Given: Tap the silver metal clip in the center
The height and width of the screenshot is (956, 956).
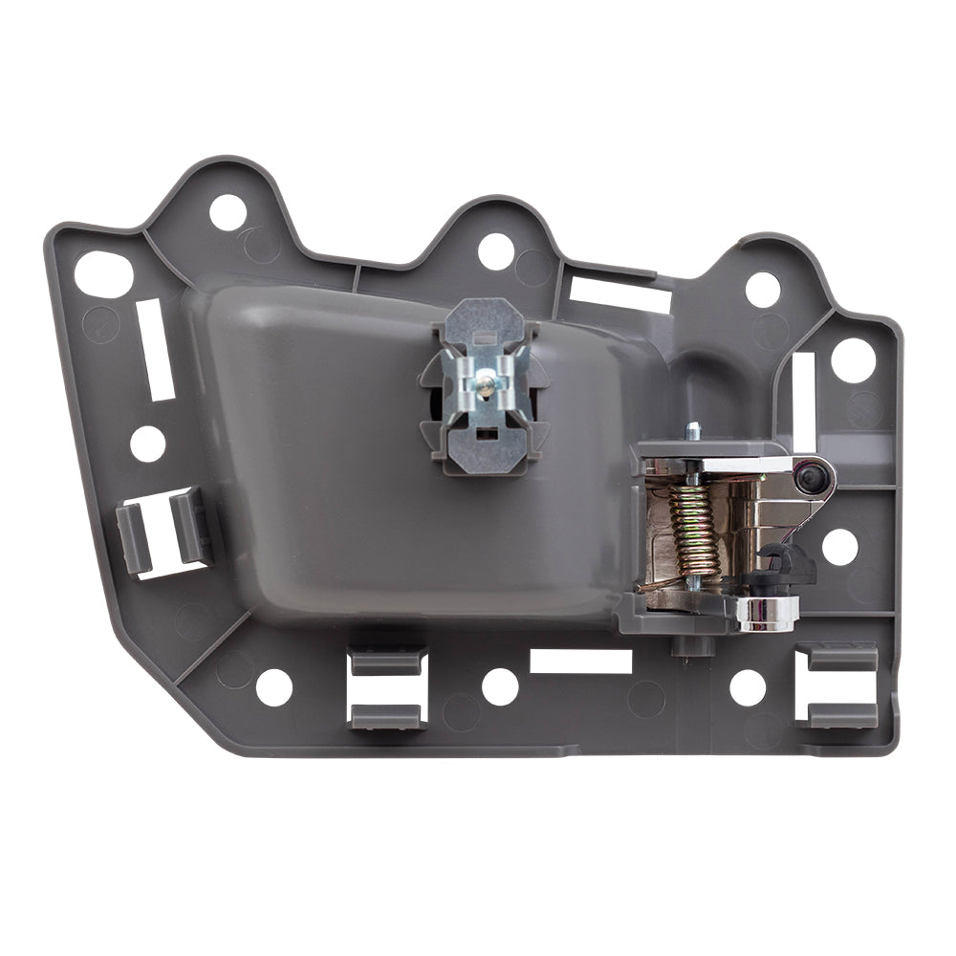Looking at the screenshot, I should pos(487,383).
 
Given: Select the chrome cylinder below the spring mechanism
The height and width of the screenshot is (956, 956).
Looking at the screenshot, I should pos(767,614).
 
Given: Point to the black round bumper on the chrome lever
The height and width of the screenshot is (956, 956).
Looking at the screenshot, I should pos(810,474).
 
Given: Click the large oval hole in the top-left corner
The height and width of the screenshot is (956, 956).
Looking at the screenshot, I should pos(104,274).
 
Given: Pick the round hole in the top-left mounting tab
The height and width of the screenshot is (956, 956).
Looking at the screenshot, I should pos(228,212).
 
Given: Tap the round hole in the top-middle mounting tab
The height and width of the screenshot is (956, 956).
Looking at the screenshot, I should pos(496,251).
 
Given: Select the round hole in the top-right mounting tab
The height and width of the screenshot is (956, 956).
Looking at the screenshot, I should pos(762,290).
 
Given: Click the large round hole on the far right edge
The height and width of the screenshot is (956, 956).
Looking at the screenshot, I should pos(853,360).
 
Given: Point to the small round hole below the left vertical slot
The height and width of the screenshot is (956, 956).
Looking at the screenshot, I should pos(148,444).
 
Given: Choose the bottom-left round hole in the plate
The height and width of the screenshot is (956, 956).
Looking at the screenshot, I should pos(273,687).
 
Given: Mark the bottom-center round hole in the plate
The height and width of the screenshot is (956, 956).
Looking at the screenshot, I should pos(499,686).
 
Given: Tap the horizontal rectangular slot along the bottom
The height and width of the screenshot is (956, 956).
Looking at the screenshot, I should pos(581,662).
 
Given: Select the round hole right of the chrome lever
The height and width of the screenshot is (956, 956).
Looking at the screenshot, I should pos(839,546).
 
